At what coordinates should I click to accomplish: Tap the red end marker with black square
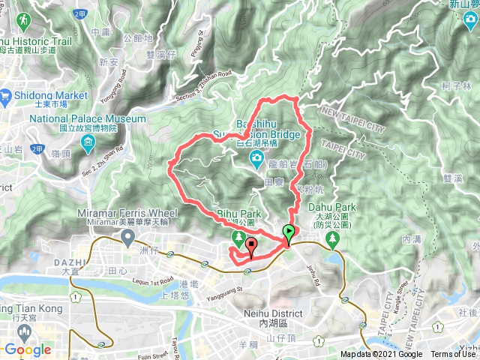(251, 245)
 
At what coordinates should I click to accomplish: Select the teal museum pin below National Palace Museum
(88, 142)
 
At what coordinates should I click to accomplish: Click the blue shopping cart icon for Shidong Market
(5, 95)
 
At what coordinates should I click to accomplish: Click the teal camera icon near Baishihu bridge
(256, 157)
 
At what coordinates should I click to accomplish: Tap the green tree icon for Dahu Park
(332, 240)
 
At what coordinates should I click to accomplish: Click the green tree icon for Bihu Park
(238, 239)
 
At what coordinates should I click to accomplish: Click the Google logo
(27, 349)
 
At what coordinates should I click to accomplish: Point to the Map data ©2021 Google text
(381, 355)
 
